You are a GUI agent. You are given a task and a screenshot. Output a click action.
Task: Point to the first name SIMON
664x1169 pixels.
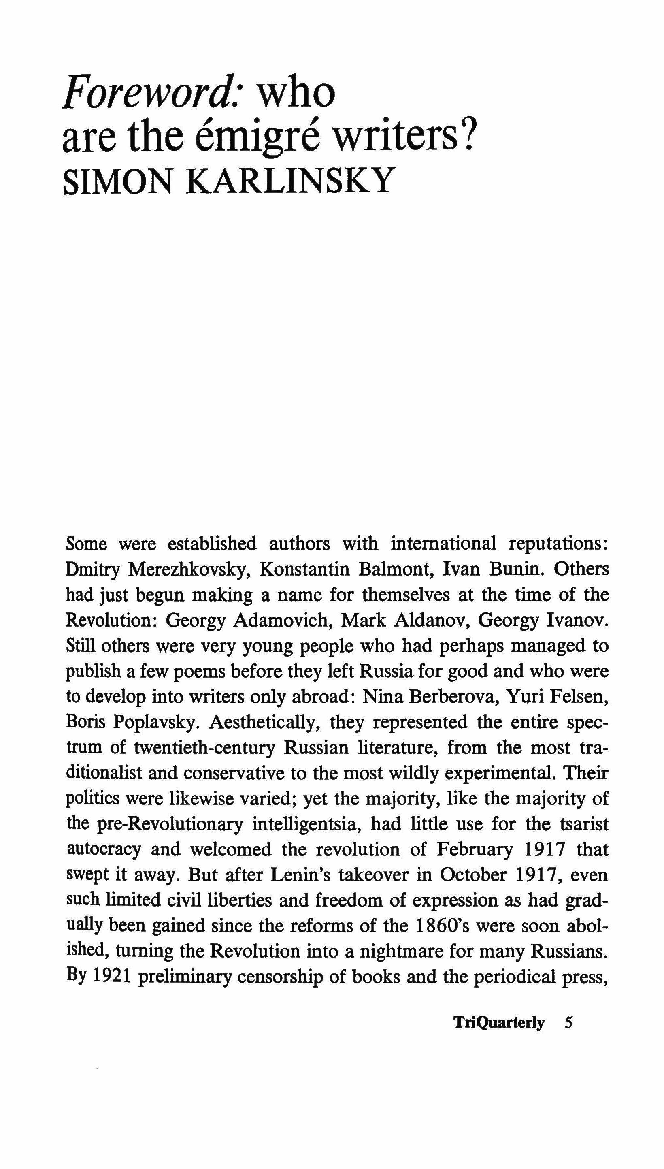pyautogui.click(x=118, y=181)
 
